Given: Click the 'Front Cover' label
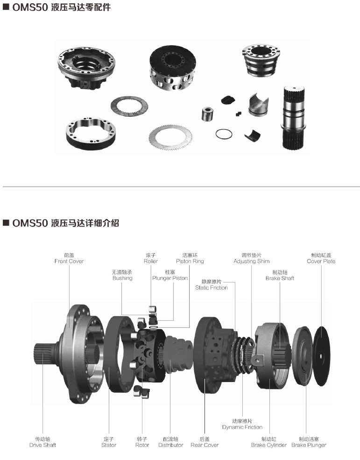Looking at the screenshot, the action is click(x=69, y=261).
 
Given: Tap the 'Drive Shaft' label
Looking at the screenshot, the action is click(x=42, y=445).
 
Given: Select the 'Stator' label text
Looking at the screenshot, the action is click(x=108, y=445).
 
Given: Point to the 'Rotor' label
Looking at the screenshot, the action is click(x=142, y=445).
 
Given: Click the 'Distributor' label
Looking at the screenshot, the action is click(x=170, y=445).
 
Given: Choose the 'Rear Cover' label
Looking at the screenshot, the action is click(x=205, y=445).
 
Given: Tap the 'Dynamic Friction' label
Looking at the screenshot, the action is click(x=242, y=427).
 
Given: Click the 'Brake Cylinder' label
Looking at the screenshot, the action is click(x=269, y=445).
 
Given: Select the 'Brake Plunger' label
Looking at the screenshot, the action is click(x=309, y=445).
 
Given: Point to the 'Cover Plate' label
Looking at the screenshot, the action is click(x=321, y=261).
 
